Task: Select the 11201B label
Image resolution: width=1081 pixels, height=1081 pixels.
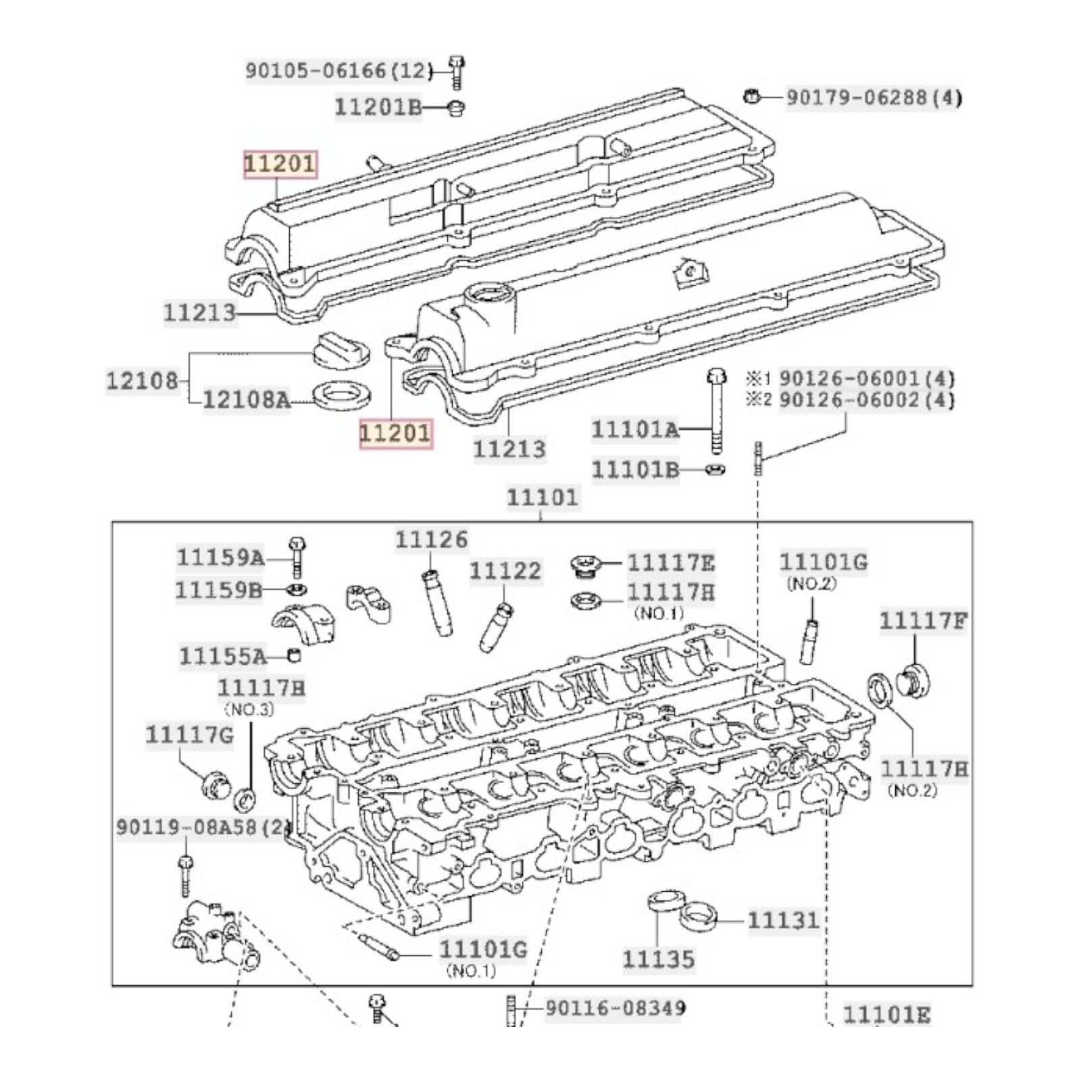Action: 378,107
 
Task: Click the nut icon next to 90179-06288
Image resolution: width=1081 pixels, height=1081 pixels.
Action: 751,95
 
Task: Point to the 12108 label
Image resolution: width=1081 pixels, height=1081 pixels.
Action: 141,380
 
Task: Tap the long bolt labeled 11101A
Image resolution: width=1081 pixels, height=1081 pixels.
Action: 715,412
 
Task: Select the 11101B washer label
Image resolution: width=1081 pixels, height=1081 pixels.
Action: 635,469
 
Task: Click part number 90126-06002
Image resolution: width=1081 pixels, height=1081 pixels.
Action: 867,399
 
